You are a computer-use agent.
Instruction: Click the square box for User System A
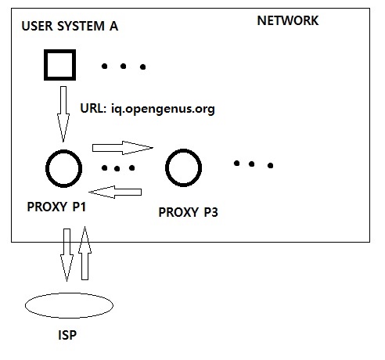click(59, 51)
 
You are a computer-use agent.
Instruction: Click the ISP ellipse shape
click(69, 293)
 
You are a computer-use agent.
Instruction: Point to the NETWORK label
click(288, 20)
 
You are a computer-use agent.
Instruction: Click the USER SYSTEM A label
click(70, 26)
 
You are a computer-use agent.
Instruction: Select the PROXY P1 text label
click(56, 207)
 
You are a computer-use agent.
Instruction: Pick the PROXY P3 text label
click(188, 212)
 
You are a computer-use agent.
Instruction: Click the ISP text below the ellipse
click(67, 335)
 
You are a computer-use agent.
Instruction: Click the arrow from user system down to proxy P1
click(63, 114)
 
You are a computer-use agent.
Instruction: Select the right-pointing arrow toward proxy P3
click(123, 148)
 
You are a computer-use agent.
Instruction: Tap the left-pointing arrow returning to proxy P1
click(115, 192)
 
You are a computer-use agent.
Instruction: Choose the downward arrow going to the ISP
click(67, 255)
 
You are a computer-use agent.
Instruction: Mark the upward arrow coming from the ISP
click(85, 253)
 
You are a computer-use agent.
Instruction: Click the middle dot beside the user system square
click(124, 67)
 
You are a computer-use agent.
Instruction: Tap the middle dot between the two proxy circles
click(117, 169)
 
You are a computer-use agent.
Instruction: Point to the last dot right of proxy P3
click(271, 165)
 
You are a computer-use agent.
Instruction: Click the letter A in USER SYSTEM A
click(113, 26)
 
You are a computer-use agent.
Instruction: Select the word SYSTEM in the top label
click(81, 26)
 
